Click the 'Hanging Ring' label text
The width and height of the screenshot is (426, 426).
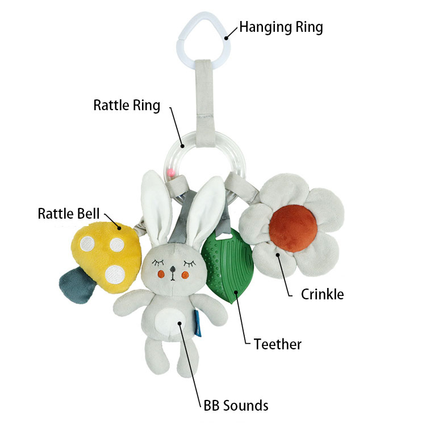[281, 27]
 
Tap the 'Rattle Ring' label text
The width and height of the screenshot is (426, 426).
[127, 106]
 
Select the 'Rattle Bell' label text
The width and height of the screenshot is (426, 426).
[69, 214]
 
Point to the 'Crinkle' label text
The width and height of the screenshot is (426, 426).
[322, 294]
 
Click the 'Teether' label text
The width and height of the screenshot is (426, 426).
[277, 344]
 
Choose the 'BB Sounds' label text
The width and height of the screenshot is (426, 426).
[236, 406]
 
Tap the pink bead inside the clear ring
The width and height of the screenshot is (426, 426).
[170, 173]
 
